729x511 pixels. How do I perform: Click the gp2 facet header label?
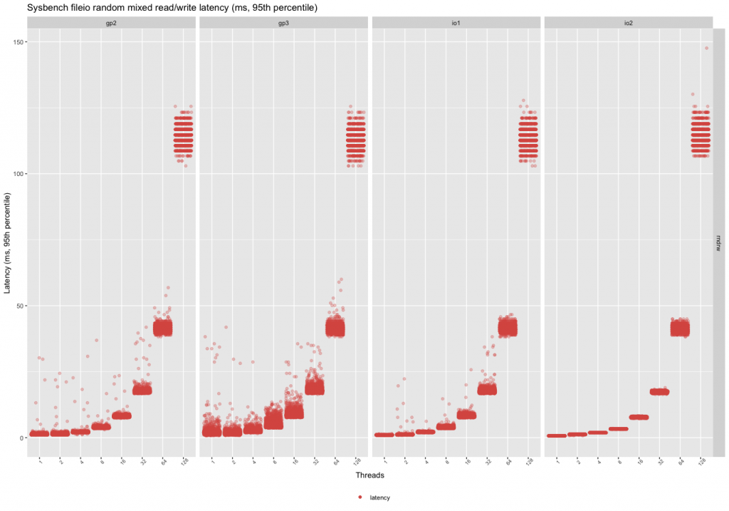(x=111, y=23)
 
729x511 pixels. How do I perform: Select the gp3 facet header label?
(x=283, y=23)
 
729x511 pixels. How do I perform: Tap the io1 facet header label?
(x=456, y=23)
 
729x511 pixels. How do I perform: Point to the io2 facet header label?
(x=628, y=23)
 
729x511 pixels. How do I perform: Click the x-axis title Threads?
(x=370, y=475)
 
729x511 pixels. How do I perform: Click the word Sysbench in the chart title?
(x=44, y=7)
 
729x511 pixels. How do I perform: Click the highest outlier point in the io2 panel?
(x=706, y=48)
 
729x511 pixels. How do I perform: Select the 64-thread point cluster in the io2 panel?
(x=681, y=328)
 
